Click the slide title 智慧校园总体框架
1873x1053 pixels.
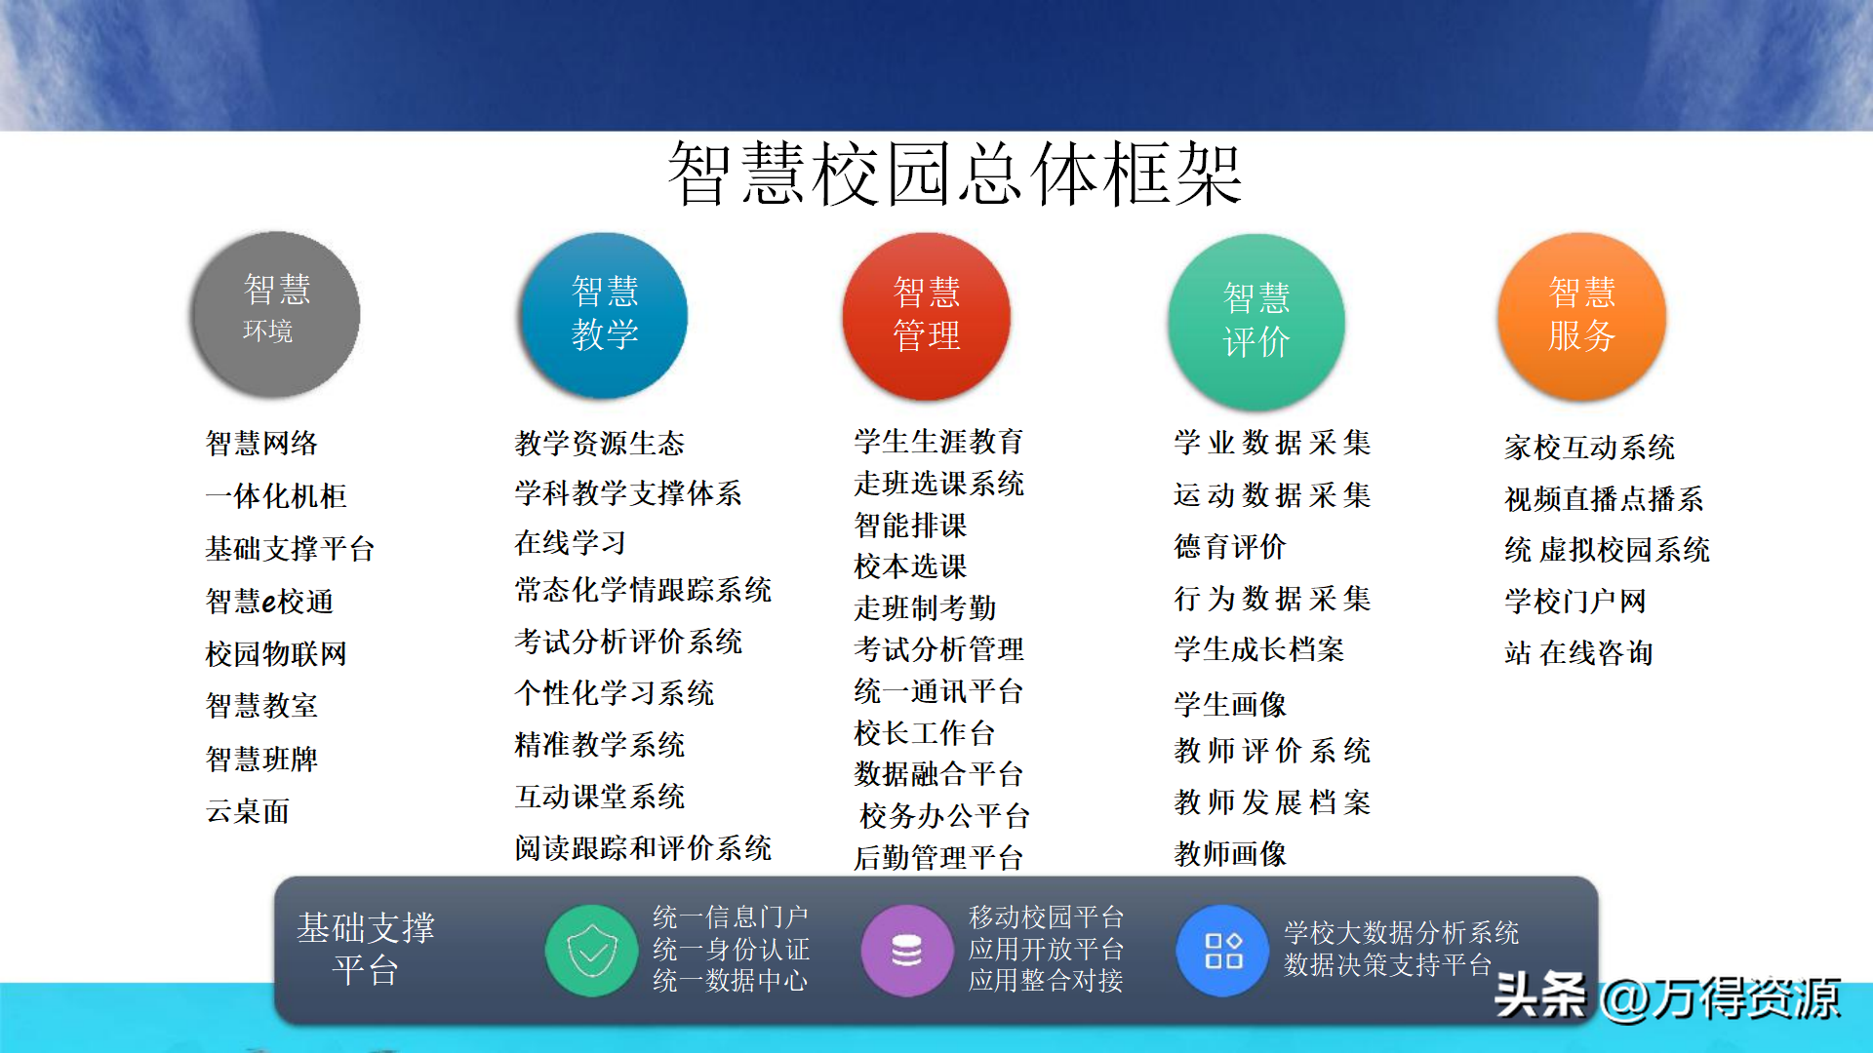click(954, 174)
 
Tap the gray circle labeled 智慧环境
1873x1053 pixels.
click(276, 314)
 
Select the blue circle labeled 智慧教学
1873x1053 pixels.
click(604, 315)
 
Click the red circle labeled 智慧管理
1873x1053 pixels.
click(927, 316)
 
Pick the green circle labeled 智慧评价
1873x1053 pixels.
click(1256, 321)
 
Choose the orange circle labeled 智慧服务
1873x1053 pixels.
click(1582, 316)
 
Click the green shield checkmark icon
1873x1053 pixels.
click(592, 951)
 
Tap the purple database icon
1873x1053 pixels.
click(907, 951)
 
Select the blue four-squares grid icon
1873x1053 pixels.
click(1223, 951)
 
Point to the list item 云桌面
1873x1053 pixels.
click(248, 811)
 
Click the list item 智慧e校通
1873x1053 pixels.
click(270, 601)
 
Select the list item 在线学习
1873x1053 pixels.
click(571, 542)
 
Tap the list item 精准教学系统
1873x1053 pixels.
click(600, 745)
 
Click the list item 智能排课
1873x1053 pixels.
click(911, 526)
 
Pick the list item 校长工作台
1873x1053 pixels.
click(925, 732)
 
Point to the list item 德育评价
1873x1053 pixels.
click(1231, 547)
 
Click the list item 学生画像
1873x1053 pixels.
click(1231, 704)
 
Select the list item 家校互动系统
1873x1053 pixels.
click(1590, 448)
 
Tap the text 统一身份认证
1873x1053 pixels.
click(732, 949)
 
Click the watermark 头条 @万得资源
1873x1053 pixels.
click(1667, 997)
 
